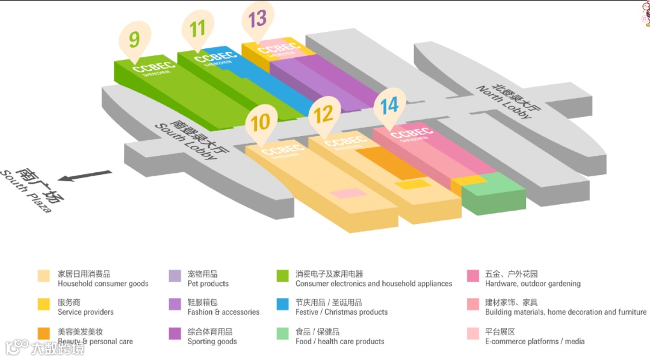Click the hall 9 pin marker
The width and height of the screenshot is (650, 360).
tap(134, 40)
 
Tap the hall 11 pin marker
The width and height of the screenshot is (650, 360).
tap(197, 28)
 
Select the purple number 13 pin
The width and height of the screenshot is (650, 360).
tap(258, 19)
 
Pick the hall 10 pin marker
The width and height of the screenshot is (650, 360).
tap(261, 123)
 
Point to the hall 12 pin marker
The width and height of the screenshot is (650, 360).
tap(324, 114)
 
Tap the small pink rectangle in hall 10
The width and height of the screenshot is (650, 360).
tap(348, 193)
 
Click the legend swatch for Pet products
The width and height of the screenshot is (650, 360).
tap(175, 276)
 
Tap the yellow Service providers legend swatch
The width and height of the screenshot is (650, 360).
tap(43, 305)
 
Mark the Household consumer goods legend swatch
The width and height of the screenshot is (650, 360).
tap(43, 276)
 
